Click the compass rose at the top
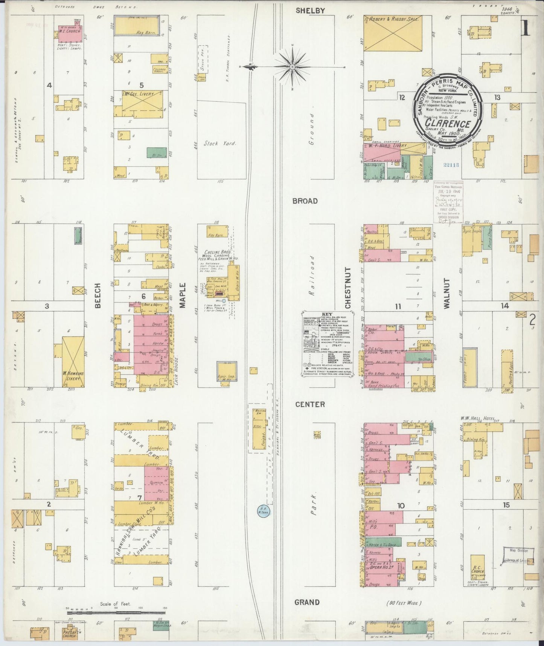click(x=292, y=67)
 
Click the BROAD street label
click(x=305, y=201)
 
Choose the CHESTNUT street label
click(x=347, y=288)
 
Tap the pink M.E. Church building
click(x=70, y=34)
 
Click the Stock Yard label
click(x=220, y=143)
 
